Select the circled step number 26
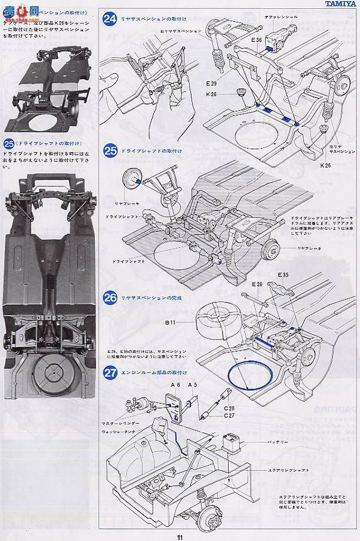tap(109, 298)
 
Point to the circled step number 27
tap(109, 372)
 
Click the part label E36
tap(255, 39)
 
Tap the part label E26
tap(257, 284)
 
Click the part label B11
tap(170, 322)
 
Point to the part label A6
tap(175, 385)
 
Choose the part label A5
tap(192, 385)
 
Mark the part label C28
tap(229, 408)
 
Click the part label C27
tap(229, 414)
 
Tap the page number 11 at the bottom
tap(179, 536)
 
